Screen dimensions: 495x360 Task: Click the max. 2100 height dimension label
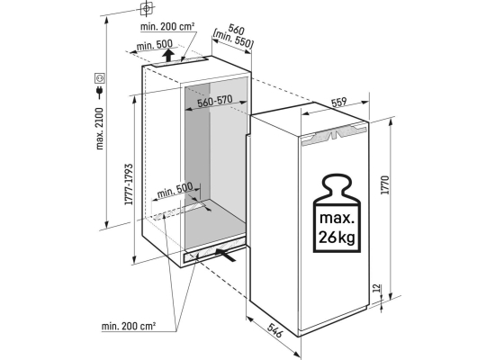(100, 129)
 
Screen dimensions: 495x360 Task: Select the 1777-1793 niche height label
(129, 184)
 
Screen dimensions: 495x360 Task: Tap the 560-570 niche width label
(215, 101)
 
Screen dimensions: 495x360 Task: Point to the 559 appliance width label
(339, 103)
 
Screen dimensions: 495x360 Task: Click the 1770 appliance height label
(385, 184)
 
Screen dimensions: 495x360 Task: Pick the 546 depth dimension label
(274, 330)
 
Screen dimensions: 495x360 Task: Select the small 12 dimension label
(376, 288)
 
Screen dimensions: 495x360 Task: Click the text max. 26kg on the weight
(337, 228)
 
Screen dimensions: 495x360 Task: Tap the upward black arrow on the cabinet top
(169, 56)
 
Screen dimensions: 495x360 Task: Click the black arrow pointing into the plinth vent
(226, 255)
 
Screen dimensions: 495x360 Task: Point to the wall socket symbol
(100, 77)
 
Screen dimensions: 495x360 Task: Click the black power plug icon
(100, 91)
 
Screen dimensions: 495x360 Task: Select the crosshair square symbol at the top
(146, 8)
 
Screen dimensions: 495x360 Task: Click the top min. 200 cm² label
(167, 27)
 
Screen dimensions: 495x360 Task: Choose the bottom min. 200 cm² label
(129, 326)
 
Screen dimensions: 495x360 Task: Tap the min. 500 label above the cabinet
(155, 45)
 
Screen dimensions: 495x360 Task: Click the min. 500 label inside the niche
(175, 190)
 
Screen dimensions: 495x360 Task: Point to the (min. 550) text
(233, 40)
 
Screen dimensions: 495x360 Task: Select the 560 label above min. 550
(236, 31)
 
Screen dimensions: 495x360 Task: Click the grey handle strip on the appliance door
(335, 134)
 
